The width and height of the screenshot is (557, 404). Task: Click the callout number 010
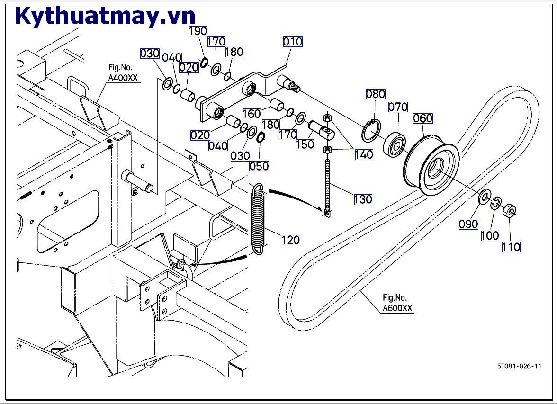point(293,42)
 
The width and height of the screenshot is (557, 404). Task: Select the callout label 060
point(423,118)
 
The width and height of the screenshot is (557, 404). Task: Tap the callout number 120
point(291,240)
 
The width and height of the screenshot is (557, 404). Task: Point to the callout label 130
point(363,199)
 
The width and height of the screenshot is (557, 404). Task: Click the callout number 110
point(511,247)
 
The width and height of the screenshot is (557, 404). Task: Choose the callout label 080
point(376,94)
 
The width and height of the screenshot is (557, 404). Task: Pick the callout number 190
point(198,31)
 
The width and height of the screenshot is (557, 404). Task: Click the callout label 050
point(260,166)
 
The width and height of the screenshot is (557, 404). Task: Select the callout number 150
point(305,144)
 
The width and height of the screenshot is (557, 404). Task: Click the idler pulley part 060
point(430,166)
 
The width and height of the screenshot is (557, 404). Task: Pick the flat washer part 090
point(485,197)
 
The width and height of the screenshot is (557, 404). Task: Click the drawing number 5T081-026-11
point(519,366)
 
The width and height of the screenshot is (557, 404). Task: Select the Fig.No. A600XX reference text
point(397,303)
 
